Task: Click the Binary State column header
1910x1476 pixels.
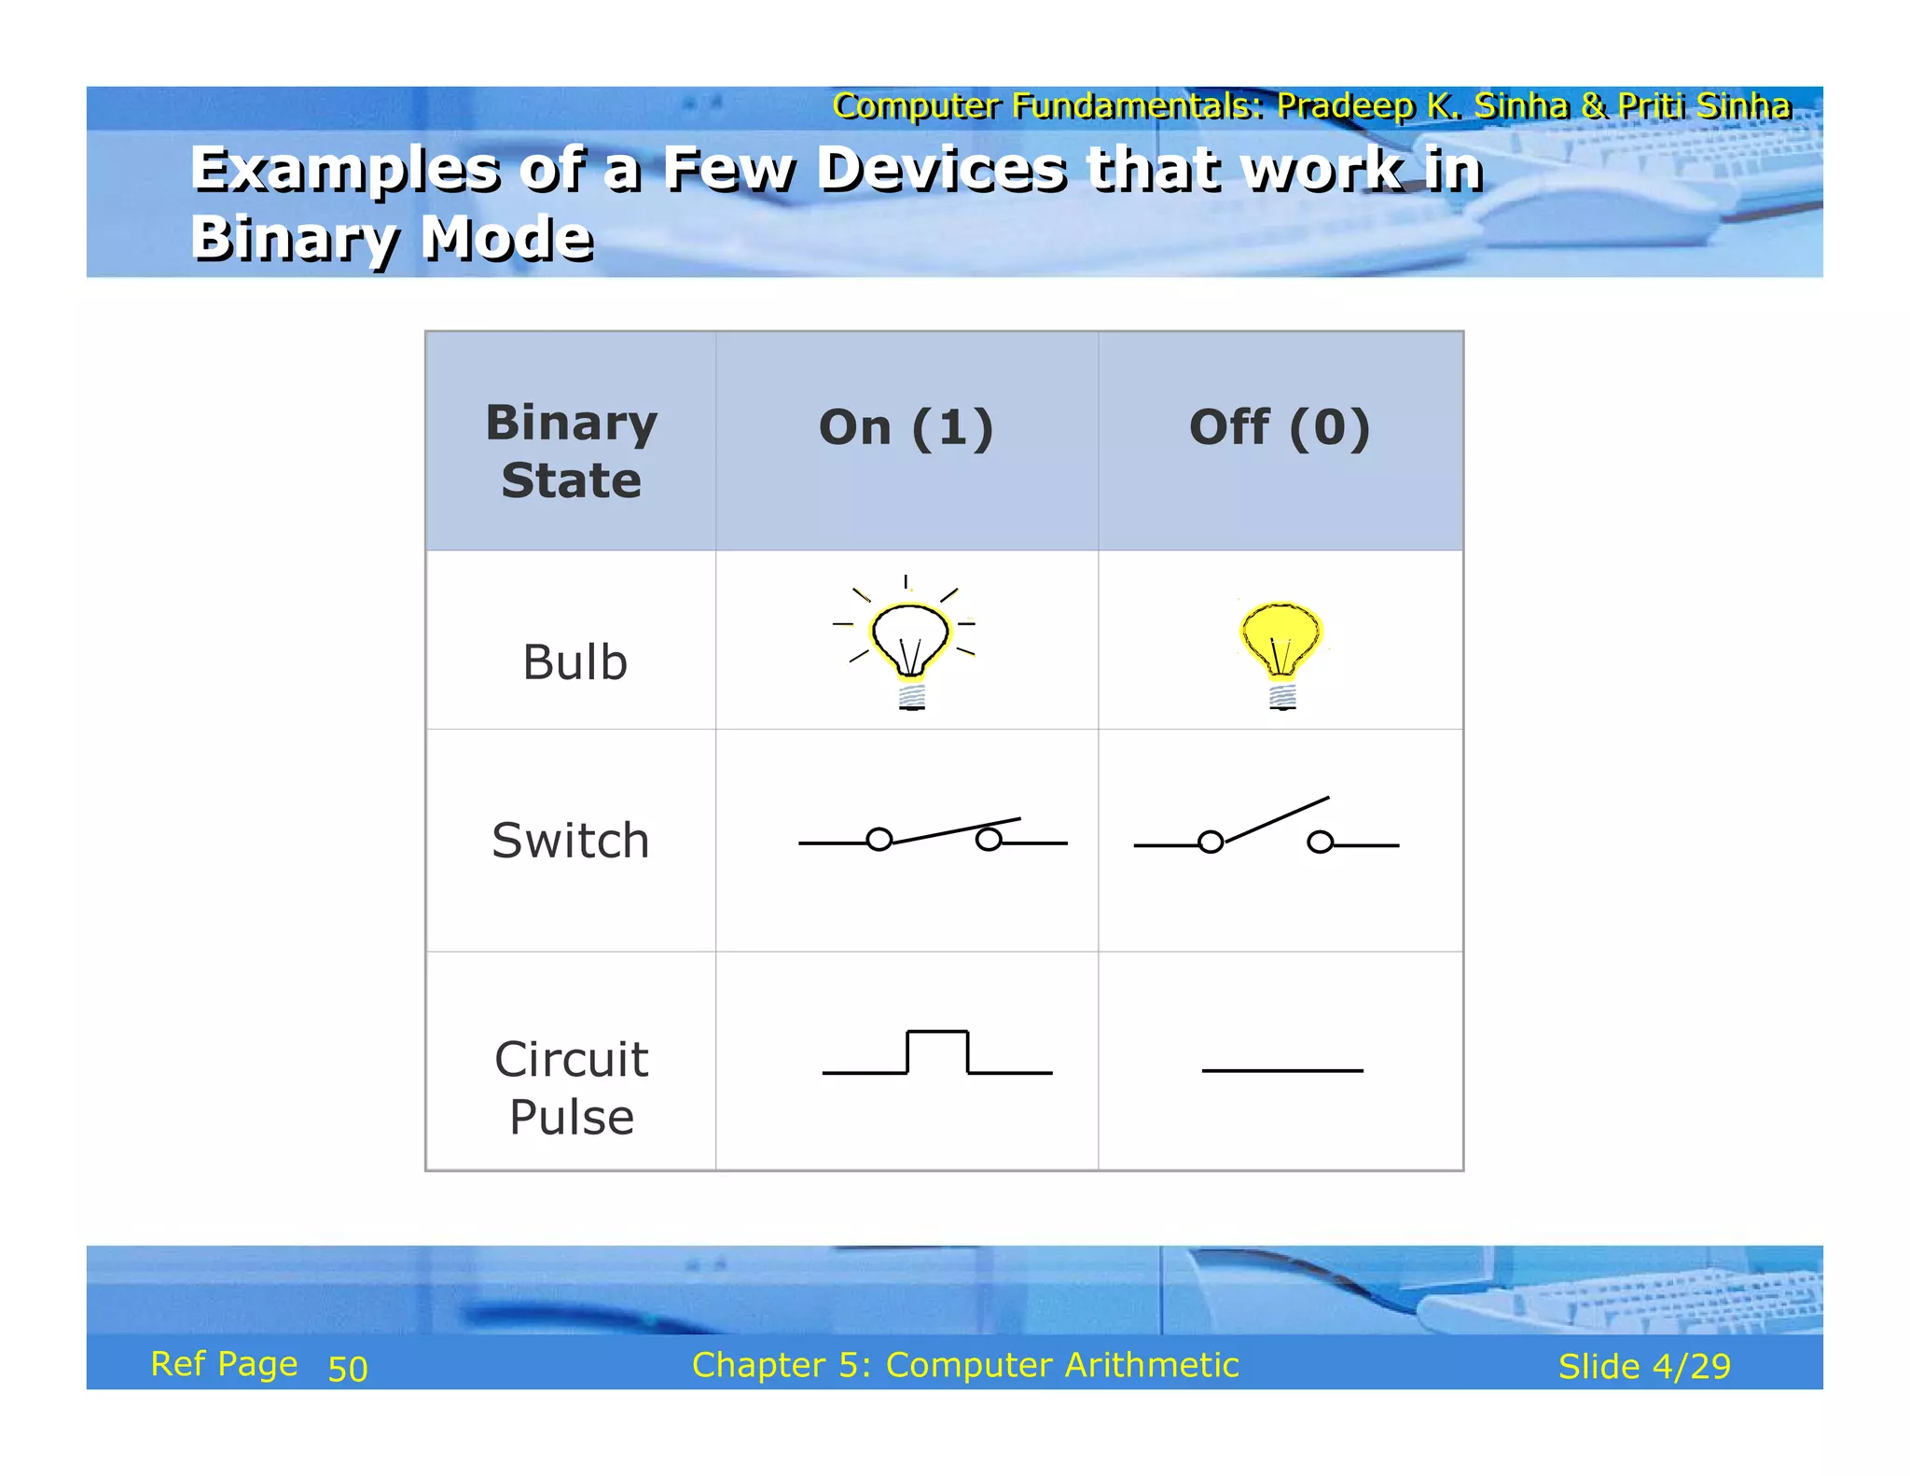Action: [571, 452]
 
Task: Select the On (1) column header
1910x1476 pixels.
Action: [906, 428]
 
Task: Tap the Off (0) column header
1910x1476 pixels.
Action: [1280, 428]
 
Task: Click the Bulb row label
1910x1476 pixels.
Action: [574, 662]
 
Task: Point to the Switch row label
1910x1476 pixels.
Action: [570, 841]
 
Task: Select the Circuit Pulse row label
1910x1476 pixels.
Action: [571, 1088]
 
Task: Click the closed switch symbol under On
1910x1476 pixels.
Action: [933, 835]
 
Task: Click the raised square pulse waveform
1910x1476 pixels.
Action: [937, 1052]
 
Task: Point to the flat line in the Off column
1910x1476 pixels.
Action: [1282, 1070]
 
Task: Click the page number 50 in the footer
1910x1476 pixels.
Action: [348, 1369]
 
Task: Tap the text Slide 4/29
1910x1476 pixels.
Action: [1644, 1366]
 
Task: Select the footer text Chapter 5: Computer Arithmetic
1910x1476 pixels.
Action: [965, 1365]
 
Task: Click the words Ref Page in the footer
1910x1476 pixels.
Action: [224, 1364]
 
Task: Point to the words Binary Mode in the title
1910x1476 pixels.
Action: [392, 238]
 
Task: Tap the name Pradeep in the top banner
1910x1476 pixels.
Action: [1346, 105]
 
